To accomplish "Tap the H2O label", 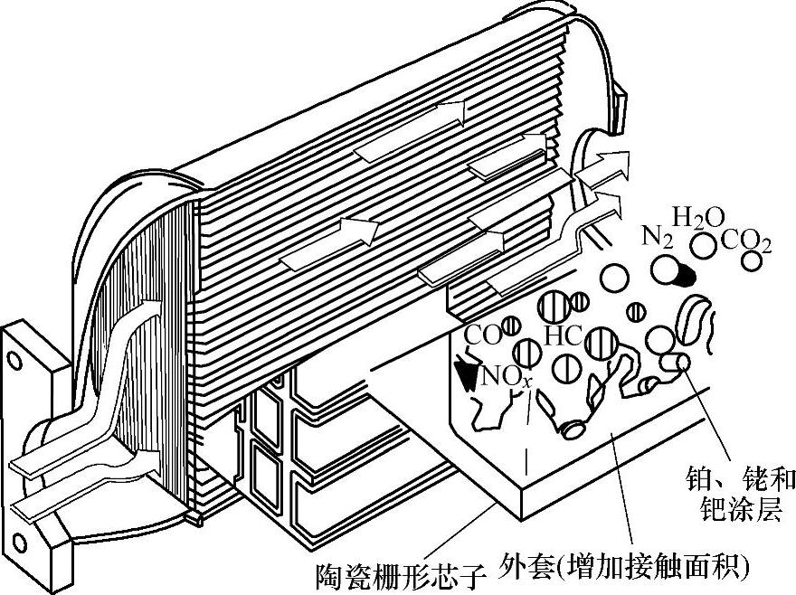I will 699,218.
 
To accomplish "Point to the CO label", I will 483,336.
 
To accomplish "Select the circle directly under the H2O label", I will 703,243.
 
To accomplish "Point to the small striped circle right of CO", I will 512,323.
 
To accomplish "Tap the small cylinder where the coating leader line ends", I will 677,363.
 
